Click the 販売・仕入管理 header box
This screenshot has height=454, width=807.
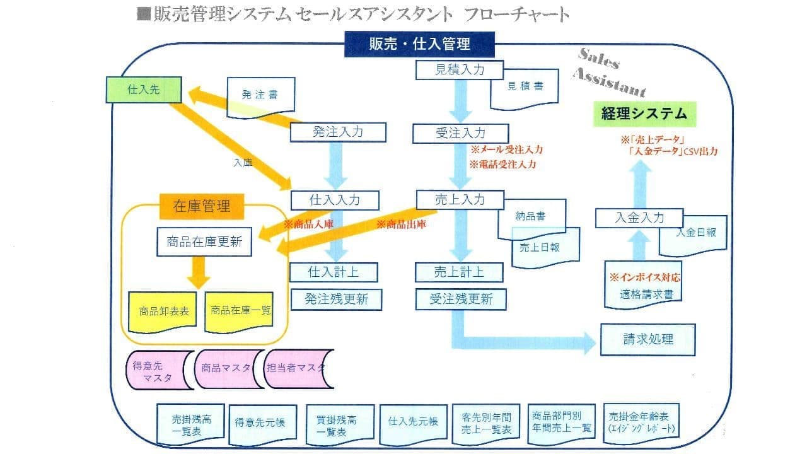pyautogui.click(x=419, y=44)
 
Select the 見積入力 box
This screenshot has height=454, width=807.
pyautogui.click(x=460, y=69)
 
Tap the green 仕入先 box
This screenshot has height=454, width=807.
pyautogui.click(x=144, y=90)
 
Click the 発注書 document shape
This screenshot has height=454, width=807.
pyautogui.click(x=259, y=95)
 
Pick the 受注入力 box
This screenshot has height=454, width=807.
pyautogui.click(x=460, y=133)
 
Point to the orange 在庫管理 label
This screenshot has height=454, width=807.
pyautogui.click(x=202, y=206)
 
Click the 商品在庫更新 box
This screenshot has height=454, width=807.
pyautogui.click(x=204, y=242)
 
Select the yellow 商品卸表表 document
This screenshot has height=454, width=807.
pyautogui.click(x=163, y=311)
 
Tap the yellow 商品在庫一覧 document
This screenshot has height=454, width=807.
pyautogui.click(x=239, y=311)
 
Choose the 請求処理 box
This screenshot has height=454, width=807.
pyautogui.click(x=647, y=339)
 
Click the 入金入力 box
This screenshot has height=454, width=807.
pyautogui.click(x=639, y=218)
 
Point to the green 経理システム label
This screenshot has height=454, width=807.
pyautogui.click(x=644, y=114)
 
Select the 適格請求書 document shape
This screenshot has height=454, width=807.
pyautogui.click(x=642, y=293)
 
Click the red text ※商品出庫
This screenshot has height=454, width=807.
pyautogui.click(x=402, y=224)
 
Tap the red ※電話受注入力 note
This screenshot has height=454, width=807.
pyautogui.click(x=502, y=165)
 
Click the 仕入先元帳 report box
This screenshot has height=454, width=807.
pyautogui.click(x=413, y=422)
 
